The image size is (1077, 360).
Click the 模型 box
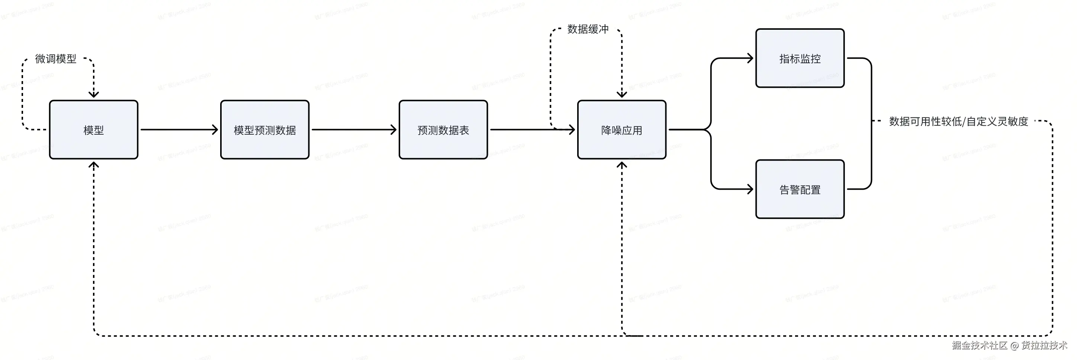click(x=93, y=130)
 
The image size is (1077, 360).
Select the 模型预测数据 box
click(x=265, y=130)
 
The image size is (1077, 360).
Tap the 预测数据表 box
click(x=443, y=130)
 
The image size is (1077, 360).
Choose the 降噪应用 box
click(x=622, y=130)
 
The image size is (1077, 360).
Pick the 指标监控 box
click(x=800, y=58)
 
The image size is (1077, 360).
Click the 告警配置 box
click(x=800, y=189)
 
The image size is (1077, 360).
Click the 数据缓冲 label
click(x=588, y=29)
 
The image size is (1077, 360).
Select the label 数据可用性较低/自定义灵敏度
click(x=958, y=122)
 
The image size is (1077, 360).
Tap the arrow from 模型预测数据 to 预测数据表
click(x=354, y=130)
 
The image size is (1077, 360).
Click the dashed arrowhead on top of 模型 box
click(x=94, y=94)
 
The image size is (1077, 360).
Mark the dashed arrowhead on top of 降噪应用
click(x=622, y=94)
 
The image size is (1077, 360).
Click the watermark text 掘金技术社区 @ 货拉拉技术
click(x=1009, y=345)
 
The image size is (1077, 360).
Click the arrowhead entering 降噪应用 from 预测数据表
click(x=572, y=130)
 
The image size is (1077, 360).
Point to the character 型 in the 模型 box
click(x=99, y=131)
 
